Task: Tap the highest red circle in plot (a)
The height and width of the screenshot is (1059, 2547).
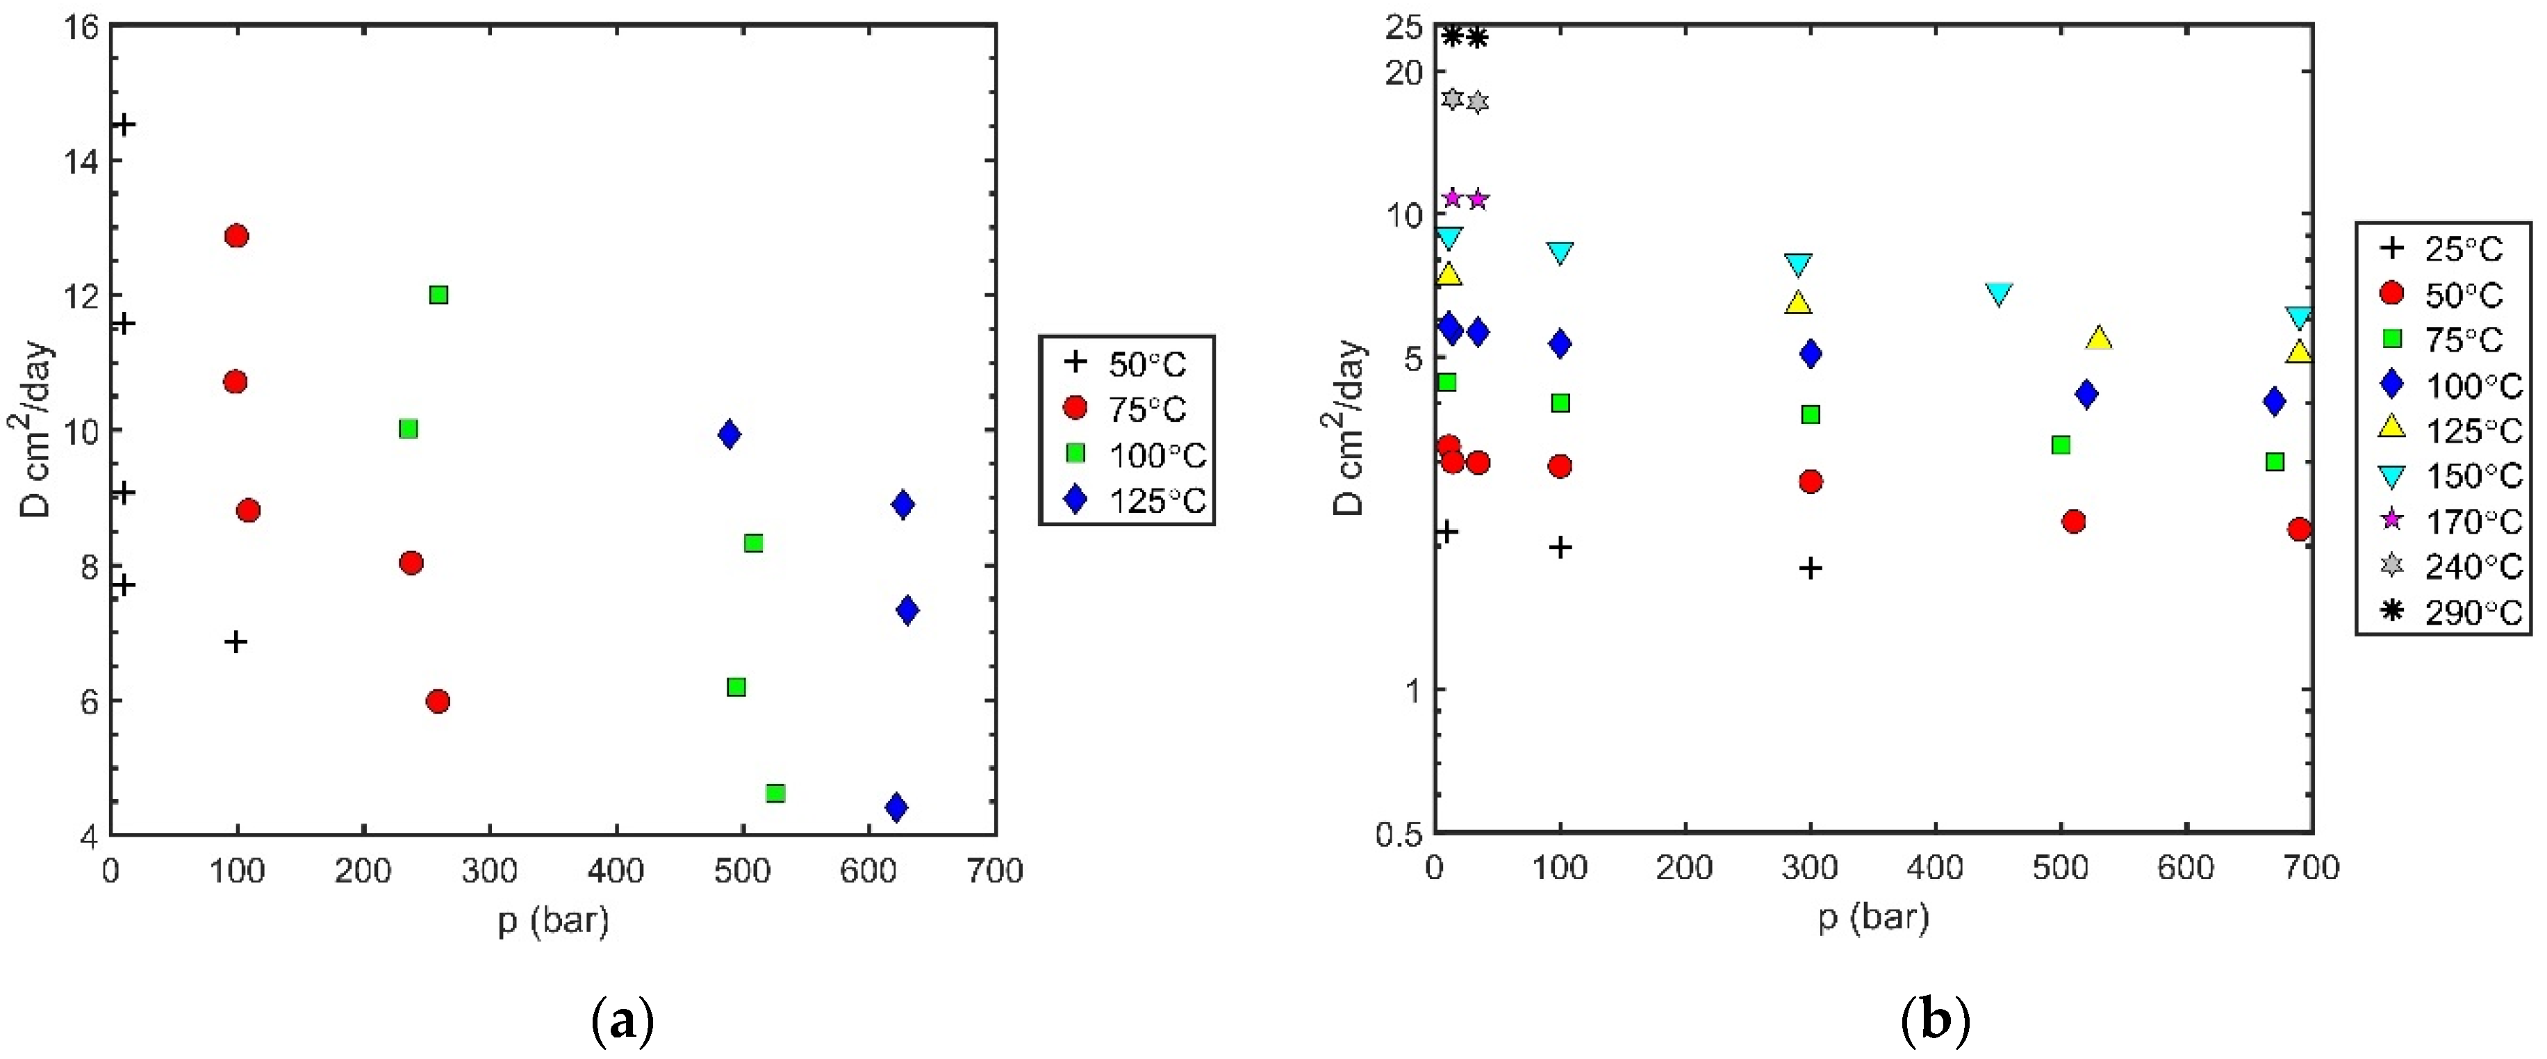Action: (x=236, y=236)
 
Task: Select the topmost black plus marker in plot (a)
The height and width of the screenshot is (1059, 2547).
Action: (x=124, y=124)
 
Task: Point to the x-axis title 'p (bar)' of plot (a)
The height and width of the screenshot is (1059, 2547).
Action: (x=553, y=921)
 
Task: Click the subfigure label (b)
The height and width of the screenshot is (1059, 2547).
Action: (x=1935, y=1021)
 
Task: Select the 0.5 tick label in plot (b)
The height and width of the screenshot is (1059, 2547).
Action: (x=1398, y=834)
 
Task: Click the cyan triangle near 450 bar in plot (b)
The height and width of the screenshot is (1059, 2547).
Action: (x=1998, y=293)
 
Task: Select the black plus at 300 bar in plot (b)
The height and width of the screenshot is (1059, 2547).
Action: (x=1809, y=568)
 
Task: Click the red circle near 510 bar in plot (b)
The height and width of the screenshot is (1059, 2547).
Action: (x=2073, y=521)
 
